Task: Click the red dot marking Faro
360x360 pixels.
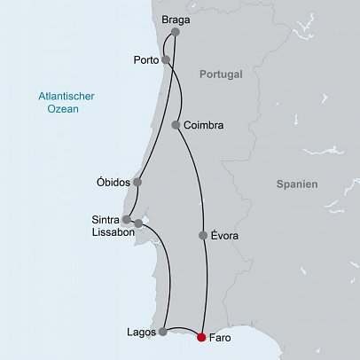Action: [201, 337]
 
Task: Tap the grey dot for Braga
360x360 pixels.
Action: [174, 33]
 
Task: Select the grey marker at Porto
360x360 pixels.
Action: [166, 60]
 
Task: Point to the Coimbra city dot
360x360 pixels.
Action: [177, 125]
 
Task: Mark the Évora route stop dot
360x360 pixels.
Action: [203, 236]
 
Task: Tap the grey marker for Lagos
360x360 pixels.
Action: [162, 332]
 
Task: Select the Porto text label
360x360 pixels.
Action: [145, 61]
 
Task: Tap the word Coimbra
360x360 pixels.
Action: [204, 126]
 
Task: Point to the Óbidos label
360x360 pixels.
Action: [113, 183]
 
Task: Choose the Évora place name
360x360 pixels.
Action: [225, 236]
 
